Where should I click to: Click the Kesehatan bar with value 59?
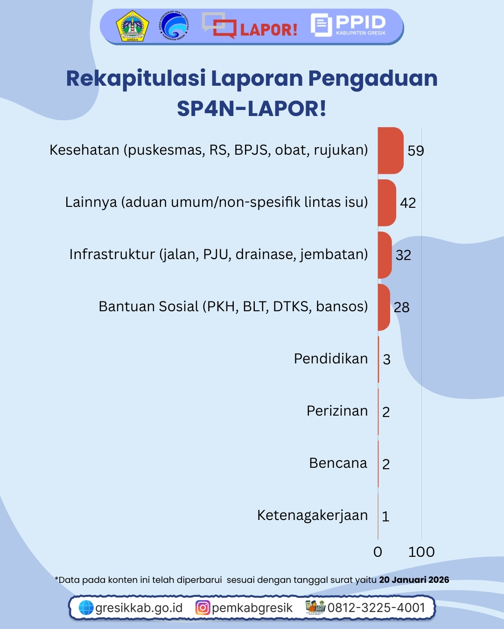pos(390,150)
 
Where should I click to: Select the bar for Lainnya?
pos(386,203)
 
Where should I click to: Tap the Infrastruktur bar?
pos(385,255)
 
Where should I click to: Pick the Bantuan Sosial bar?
pos(384,307)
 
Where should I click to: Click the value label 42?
pos(408,203)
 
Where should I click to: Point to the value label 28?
pos(401,307)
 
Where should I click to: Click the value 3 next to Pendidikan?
pos(386,359)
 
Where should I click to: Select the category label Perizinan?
pos(337,411)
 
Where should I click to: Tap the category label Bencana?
pos(338,463)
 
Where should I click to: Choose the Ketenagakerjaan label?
pos(312,515)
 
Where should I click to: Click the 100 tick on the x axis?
pos(421,552)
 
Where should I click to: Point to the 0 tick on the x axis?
pos(378,552)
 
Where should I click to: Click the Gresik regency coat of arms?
pos(133,27)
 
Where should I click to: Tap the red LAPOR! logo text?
pos(268,30)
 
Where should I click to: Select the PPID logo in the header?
pos(349,25)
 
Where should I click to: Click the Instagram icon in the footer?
pos(203,608)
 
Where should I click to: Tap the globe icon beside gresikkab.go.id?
pos(86,608)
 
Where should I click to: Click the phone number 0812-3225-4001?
pos(376,608)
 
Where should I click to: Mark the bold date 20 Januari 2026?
pos(414,580)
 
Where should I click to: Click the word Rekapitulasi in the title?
pos(136,78)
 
